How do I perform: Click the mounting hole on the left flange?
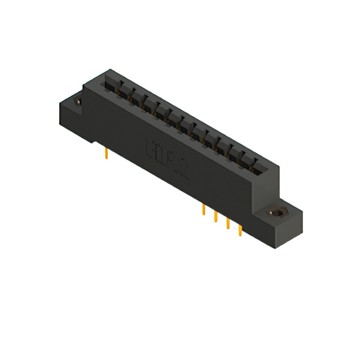(x=78, y=102)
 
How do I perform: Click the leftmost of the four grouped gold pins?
(x=203, y=211)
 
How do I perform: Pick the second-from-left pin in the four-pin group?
(x=215, y=217)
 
